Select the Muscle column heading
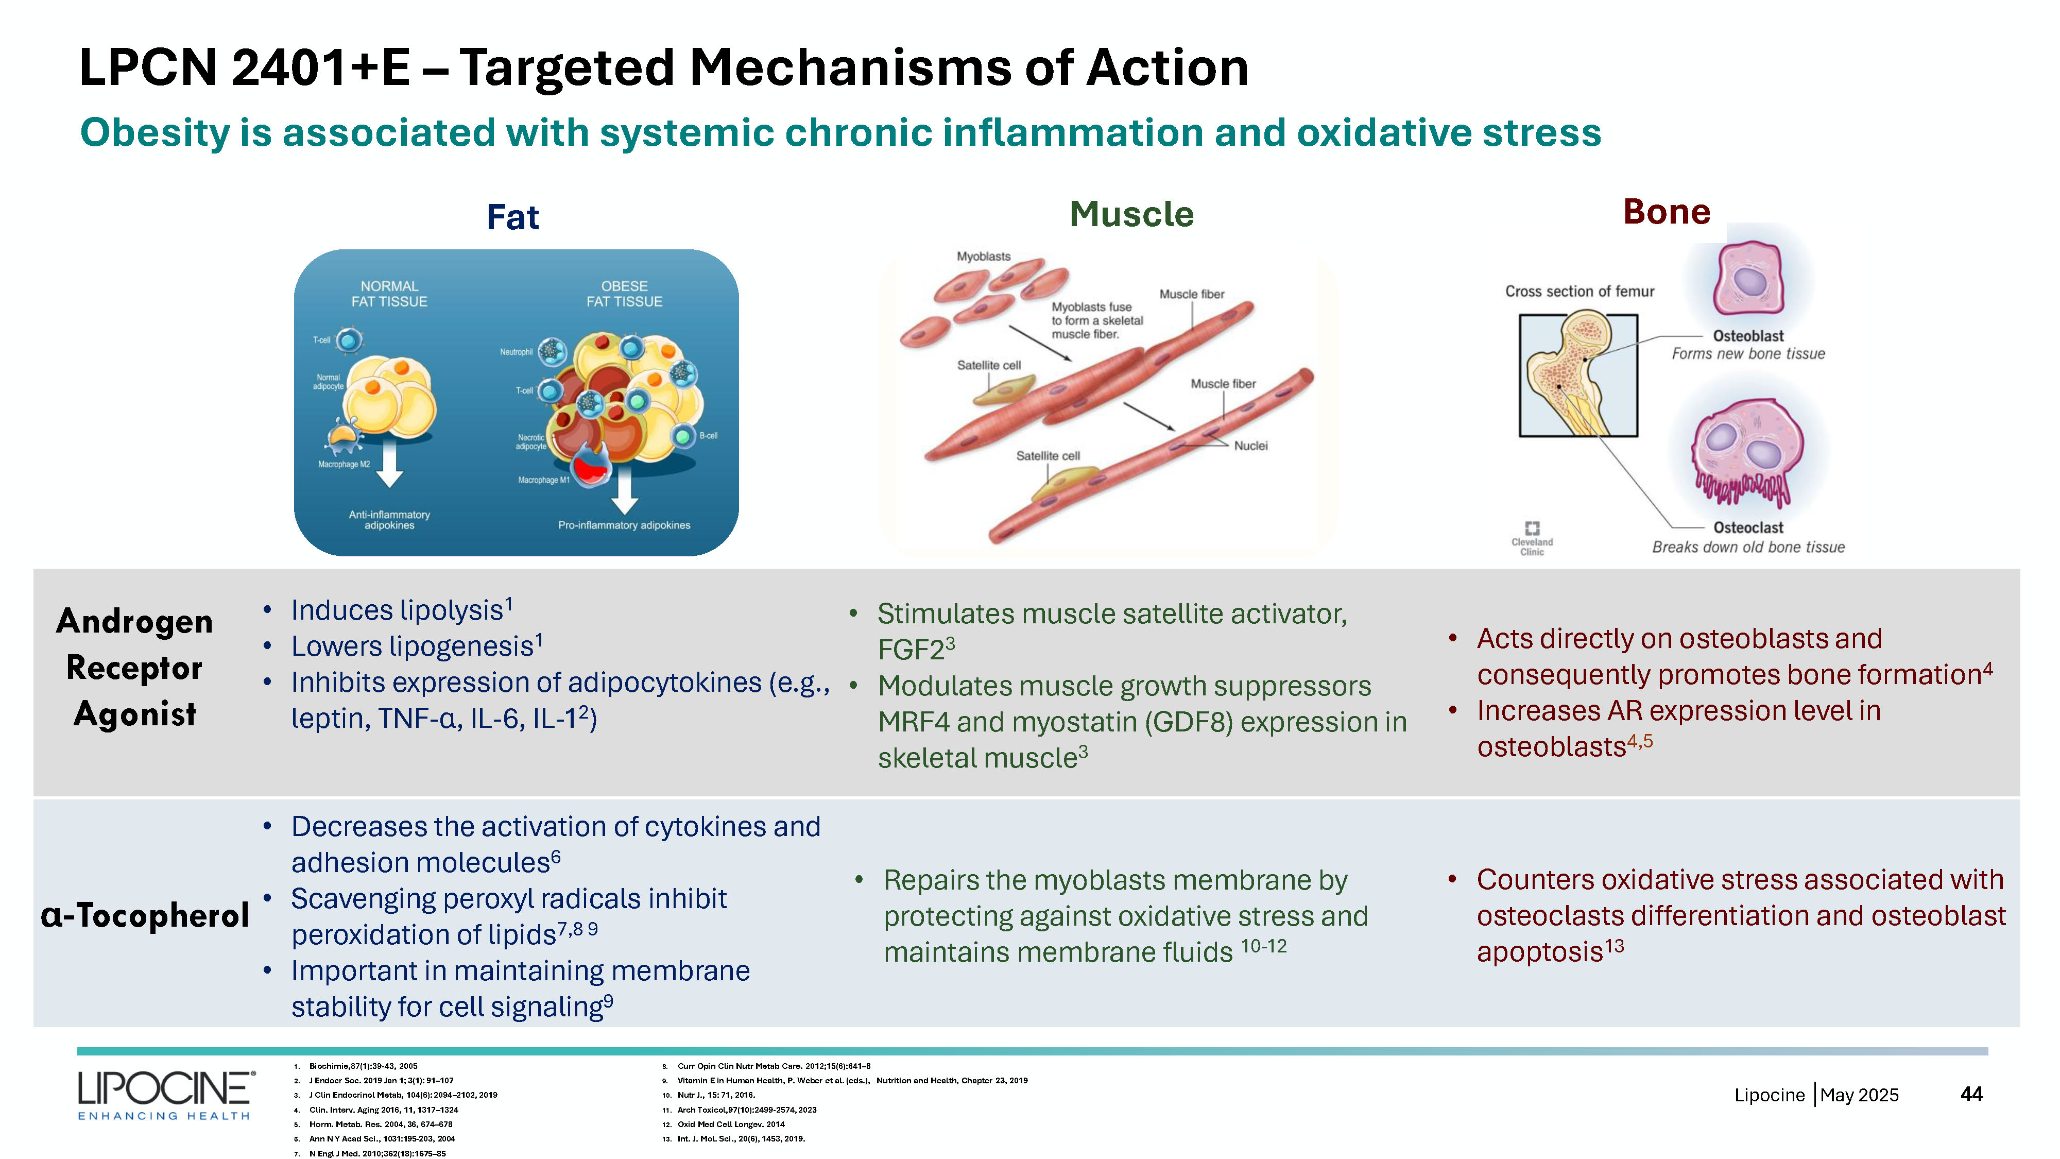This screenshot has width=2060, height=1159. [x=1131, y=214]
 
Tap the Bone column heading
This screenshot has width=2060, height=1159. [x=1667, y=212]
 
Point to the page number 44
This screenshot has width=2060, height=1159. [x=1971, y=1094]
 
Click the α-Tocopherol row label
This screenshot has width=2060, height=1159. [x=145, y=915]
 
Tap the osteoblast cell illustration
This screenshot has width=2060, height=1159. [x=1749, y=279]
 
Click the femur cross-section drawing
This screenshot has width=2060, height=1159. [x=1578, y=374]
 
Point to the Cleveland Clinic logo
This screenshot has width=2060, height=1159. [x=1532, y=537]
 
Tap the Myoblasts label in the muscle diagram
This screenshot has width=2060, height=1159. [x=984, y=257]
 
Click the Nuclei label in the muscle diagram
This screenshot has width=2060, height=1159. [x=1251, y=446]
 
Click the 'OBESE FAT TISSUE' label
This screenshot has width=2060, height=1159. [x=625, y=294]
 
